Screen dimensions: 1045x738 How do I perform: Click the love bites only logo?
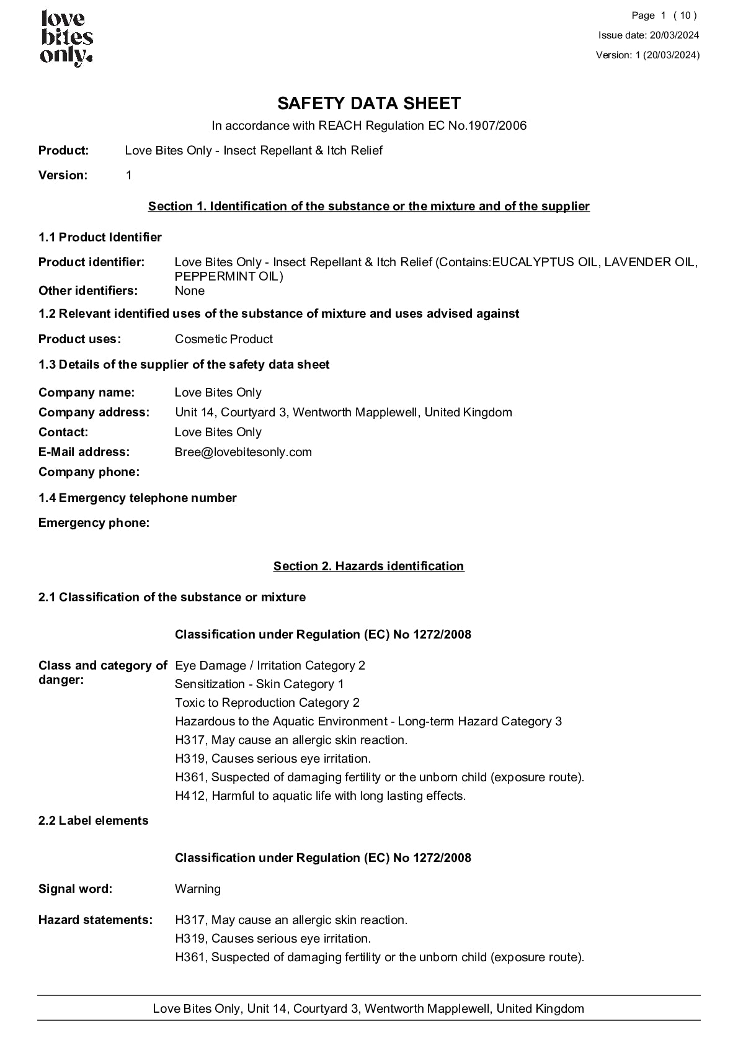tap(66, 38)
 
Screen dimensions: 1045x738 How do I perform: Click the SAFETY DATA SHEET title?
tap(368, 103)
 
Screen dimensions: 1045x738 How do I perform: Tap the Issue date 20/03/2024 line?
tap(648, 35)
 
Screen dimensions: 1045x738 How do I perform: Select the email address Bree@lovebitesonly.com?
tap(243, 452)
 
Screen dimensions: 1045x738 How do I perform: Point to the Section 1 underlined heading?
tap(368, 206)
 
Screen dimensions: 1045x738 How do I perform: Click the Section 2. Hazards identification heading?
tap(368, 566)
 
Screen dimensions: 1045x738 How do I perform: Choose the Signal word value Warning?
tap(197, 889)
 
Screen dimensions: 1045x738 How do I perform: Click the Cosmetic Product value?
tap(223, 339)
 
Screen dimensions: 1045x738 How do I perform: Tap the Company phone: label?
tap(89, 472)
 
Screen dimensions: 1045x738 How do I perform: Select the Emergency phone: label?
tap(94, 522)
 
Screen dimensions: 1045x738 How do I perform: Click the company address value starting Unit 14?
tap(343, 412)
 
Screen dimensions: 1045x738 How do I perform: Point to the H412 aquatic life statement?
tap(320, 796)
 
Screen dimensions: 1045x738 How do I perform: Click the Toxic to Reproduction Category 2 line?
tap(267, 702)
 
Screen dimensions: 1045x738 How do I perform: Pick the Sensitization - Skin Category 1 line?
tap(259, 684)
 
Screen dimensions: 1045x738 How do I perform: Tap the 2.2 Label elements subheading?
tap(93, 820)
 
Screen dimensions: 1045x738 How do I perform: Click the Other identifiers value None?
tap(189, 290)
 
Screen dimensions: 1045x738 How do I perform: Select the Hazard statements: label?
tap(95, 920)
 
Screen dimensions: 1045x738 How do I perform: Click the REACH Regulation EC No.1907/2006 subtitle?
tap(368, 126)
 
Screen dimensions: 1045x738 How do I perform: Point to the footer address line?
tap(368, 1008)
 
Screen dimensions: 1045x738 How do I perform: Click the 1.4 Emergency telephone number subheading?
tap(137, 498)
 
